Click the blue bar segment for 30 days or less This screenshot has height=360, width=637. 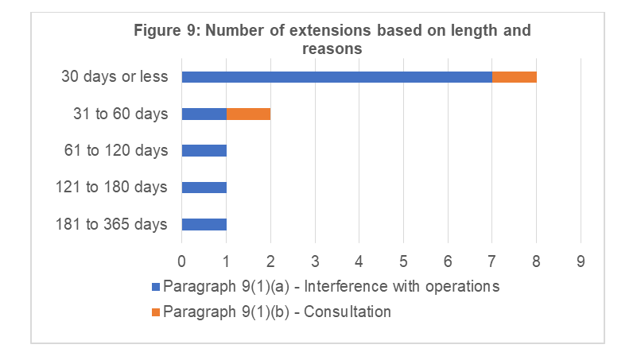(x=336, y=77)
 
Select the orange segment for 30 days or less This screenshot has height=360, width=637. (x=515, y=77)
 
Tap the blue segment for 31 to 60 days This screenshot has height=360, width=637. (x=204, y=114)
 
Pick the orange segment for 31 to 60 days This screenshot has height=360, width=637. (x=249, y=114)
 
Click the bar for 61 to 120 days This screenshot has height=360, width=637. (x=204, y=150)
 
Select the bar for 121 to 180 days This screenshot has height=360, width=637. (x=204, y=188)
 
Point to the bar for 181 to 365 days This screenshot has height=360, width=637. (x=204, y=224)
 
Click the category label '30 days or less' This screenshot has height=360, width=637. (x=115, y=77)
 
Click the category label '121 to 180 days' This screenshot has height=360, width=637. (x=112, y=188)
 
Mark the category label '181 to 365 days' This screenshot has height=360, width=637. (x=112, y=224)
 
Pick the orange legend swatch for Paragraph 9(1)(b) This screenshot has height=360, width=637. (x=155, y=312)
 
